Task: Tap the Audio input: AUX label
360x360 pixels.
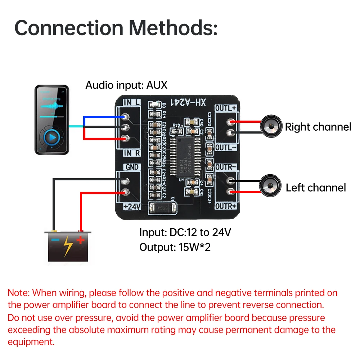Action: click(x=126, y=85)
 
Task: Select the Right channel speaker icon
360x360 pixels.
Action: click(x=270, y=127)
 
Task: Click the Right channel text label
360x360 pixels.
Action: click(x=318, y=127)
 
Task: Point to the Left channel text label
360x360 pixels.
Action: click(x=315, y=188)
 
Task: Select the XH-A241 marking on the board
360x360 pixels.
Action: click(x=188, y=103)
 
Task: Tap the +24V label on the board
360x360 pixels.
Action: click(x=131, y=207)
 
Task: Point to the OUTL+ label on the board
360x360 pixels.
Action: click(x=226, y=108)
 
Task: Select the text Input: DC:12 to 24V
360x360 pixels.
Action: click(x=185, y=232)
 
